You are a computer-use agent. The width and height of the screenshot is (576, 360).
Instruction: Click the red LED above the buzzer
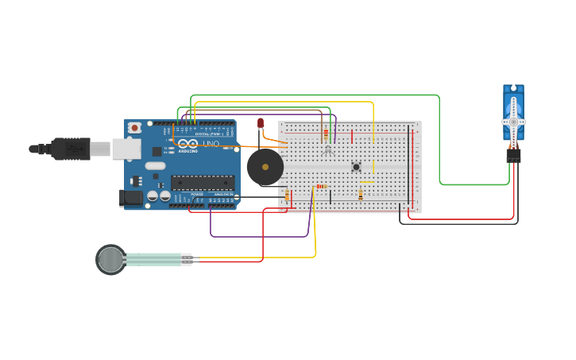(261, 122)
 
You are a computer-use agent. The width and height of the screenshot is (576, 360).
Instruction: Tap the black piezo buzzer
(265, 167)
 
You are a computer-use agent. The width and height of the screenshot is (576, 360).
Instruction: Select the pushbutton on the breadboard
(356, 166)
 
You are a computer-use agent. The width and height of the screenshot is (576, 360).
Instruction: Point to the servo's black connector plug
(514, 156)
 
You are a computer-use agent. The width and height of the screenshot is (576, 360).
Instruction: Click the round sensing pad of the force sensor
(111, 259)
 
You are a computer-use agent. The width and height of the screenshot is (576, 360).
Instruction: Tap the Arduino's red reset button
(135, 127)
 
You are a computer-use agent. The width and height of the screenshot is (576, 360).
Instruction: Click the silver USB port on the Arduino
(125, 148)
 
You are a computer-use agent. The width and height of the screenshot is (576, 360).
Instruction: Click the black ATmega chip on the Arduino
(203, 182)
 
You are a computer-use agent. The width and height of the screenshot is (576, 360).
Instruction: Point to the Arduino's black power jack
(130, 197)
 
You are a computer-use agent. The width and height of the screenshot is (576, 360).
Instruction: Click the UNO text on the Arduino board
(211, 144)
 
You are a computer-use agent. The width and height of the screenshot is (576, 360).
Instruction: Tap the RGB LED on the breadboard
(328, 149)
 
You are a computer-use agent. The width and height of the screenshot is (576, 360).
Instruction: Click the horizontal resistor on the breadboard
(321, 187)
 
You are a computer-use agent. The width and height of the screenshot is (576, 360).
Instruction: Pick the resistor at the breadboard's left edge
(287, 196)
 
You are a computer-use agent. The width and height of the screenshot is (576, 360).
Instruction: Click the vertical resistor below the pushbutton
(361, 195)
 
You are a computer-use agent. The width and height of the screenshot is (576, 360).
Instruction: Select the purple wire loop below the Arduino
(259, 236)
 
